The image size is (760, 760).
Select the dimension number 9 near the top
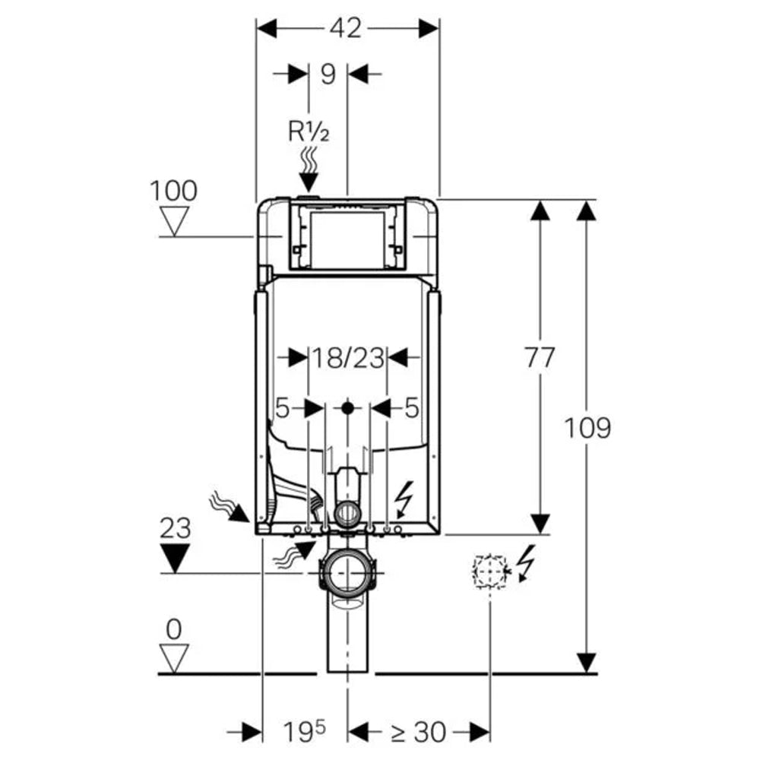click(328, 74)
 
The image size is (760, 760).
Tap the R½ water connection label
click(308, 131)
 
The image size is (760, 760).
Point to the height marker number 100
click(173, 190)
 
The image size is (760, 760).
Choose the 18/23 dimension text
click(347, 356)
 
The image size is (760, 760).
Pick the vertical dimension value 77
click(540, 357)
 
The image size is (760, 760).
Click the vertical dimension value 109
click(587, 428)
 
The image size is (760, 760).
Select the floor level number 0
click(174, 629)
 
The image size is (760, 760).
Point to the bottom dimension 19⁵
click(303, 733)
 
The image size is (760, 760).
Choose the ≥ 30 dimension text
click(417, 733)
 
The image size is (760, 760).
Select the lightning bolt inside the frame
click(405, 499)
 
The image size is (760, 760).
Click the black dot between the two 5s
click(347, 408)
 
